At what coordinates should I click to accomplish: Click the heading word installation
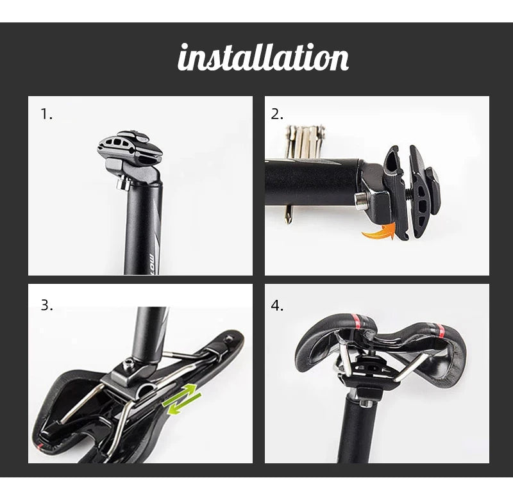263,58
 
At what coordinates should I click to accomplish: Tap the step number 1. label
46,115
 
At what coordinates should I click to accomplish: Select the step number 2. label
277,115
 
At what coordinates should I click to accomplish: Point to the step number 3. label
46,305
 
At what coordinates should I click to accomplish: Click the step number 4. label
277,305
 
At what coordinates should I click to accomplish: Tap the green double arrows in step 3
181,398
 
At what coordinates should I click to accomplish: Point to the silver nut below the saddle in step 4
362,402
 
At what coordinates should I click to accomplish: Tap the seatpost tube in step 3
151,330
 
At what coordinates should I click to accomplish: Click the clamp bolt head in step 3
129,365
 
